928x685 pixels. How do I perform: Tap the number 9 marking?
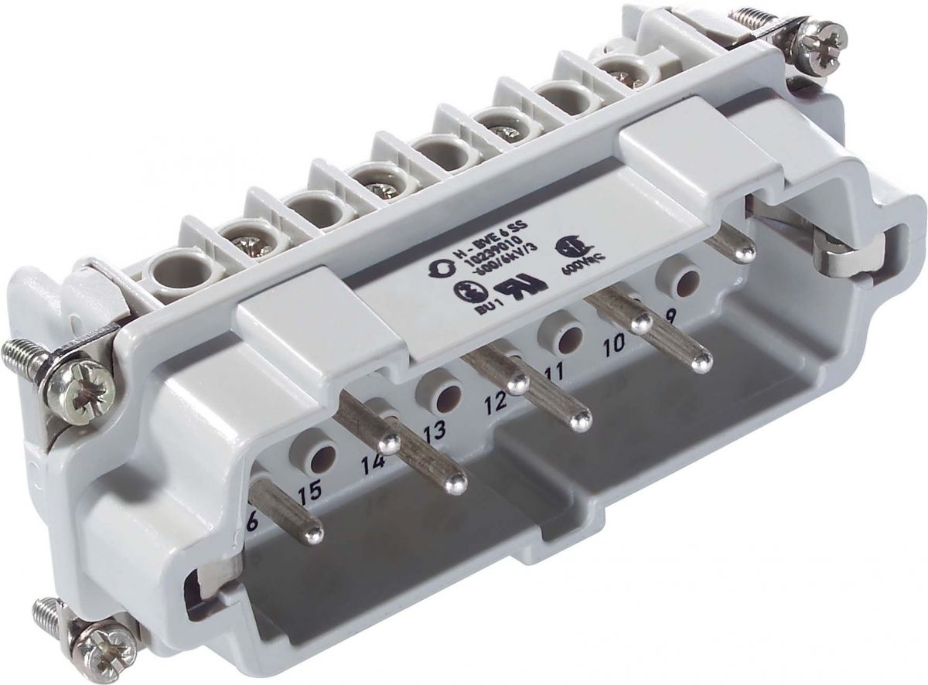coord(670,315)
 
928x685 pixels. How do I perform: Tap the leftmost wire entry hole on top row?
coord(169,271)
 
